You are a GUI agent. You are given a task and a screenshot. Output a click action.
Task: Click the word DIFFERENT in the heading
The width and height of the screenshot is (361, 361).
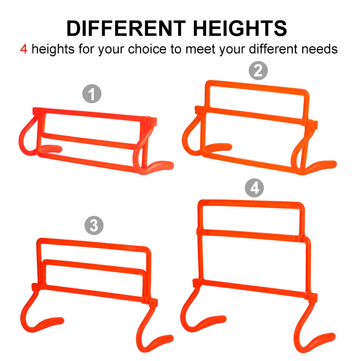pyautogui.click(x=126, y=28)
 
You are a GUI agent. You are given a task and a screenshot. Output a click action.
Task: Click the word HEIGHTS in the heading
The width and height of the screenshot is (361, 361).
pyautogui.click(x=240, y=28)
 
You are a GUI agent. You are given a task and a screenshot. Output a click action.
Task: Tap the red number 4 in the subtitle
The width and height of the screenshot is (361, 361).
pyautogui.click(x=24, y=49)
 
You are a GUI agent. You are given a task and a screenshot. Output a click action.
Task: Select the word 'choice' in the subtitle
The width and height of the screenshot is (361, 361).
pyautogui.click(x=147, y=49)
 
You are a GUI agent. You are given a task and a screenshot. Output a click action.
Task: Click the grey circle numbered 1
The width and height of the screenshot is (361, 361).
pyautogui.click(x=92, y=94)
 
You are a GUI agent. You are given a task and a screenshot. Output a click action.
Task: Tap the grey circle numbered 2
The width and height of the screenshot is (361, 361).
pyautogui.click(x=258, y=70)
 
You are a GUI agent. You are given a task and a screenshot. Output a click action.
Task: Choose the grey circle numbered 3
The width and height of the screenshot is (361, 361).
pyautogui.click(x=94, y=225)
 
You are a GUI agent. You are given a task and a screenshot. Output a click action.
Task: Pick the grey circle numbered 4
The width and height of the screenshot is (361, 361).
pyautogui.click(x=254, y=188)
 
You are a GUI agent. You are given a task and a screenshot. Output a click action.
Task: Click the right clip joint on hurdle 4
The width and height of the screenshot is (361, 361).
pyautogui.click(x=312, y=298)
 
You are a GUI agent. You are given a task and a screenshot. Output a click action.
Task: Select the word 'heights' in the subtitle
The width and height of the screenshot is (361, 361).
pyautogui.click(x=53, y=49)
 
